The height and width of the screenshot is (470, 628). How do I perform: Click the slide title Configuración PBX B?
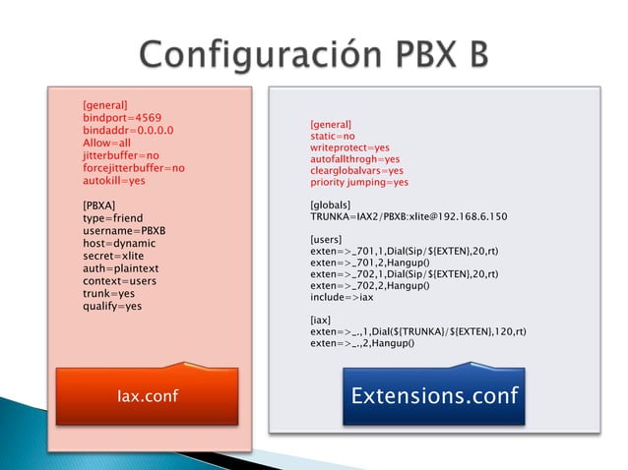point(313,52)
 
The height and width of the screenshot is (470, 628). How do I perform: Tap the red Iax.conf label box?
point(147,395)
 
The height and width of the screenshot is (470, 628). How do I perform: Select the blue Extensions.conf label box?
point(434,395)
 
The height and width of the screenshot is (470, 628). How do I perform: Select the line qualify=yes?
point(112,307)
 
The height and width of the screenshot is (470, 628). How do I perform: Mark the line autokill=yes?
point(113,181)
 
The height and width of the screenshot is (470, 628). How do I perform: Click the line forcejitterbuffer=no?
point(134,168)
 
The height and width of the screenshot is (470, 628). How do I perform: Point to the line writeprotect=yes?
point(348,147)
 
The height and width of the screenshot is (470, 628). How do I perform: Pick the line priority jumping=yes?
point(358,183)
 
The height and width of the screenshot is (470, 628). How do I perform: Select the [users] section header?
point(326,239)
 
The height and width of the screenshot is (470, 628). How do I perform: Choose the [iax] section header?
point(321,320)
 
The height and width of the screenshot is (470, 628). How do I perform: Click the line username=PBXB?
point(123,231)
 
